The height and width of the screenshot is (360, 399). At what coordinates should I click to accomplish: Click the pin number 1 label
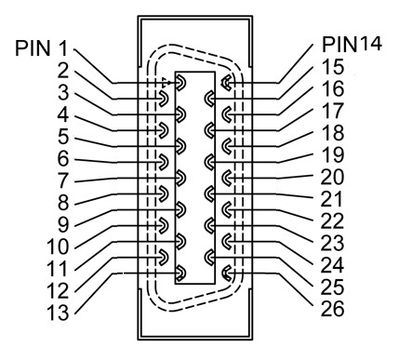(63, 48)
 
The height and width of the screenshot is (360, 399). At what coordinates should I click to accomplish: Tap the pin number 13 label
(58, 313)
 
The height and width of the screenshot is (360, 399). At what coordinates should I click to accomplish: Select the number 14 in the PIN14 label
(370, 44)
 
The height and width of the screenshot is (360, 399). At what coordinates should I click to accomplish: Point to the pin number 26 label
(332, 309)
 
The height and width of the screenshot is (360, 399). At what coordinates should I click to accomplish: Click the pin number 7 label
(63, 181)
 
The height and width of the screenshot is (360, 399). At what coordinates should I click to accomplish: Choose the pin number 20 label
(332, 177)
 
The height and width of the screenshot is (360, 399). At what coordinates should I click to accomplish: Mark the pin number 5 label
(63, 137)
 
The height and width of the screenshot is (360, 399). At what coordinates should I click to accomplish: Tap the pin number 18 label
(333, 133)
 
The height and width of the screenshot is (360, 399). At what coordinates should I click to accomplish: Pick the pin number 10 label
(58, 247)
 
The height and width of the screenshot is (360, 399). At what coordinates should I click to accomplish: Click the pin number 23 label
(332, 243)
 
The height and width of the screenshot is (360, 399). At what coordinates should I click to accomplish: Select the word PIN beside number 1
(33, 48)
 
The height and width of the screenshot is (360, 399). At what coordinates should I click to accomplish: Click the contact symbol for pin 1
(180, 83)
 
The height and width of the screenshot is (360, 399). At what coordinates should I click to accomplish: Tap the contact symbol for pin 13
(180, 273)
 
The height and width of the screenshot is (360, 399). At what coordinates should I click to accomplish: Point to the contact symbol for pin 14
(226, 83)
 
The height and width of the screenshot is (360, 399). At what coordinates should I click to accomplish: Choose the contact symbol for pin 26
(226, 273)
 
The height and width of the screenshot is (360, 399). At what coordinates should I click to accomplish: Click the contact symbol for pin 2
(164, 99)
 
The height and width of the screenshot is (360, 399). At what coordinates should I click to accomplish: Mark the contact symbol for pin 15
(209, 99)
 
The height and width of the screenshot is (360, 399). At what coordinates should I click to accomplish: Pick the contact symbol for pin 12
(164, 258)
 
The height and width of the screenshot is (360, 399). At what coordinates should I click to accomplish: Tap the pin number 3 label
(63, 93)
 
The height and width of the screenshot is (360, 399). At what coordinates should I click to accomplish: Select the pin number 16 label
(333, 88)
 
